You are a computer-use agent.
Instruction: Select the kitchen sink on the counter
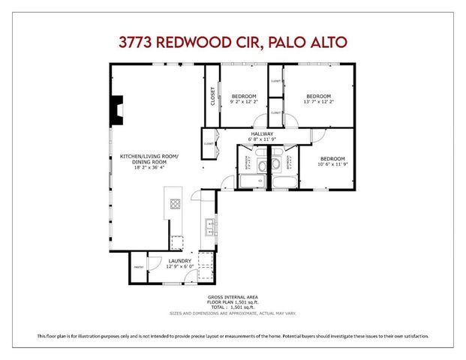211,223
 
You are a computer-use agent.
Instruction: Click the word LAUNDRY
179,261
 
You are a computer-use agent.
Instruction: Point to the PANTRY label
138,266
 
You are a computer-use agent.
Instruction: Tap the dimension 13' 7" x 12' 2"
317,102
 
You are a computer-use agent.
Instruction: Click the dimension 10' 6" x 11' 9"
332,164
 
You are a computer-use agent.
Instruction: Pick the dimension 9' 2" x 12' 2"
244,102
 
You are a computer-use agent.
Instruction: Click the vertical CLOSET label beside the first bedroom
212,97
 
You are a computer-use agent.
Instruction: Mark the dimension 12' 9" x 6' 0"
179,266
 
